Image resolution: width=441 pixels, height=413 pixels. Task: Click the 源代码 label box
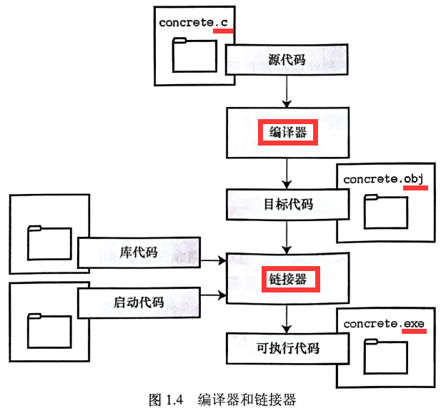(287, 60)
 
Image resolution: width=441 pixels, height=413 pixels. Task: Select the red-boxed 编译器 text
(287, 133)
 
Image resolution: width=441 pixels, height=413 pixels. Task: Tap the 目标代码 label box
(287, 205)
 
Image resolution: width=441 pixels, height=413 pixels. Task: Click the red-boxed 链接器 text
(287, 278)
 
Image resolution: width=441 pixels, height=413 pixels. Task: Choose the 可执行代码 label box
(287, 349)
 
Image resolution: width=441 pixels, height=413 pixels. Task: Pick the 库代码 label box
(138, 253)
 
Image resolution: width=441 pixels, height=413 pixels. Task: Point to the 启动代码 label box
(138, 302)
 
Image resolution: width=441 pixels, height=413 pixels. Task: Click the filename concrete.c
(194, 23)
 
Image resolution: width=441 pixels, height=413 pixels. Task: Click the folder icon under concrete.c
(194, 56)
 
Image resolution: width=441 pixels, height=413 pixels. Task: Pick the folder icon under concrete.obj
(386, 212)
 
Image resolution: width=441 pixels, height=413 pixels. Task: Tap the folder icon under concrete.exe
(386, 357)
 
